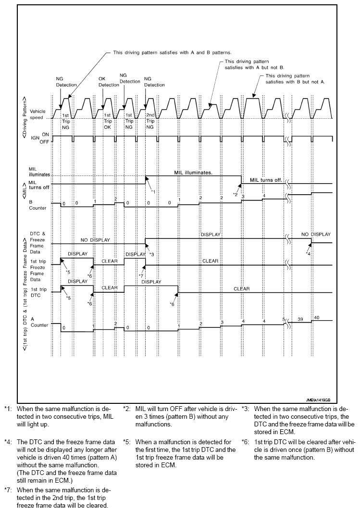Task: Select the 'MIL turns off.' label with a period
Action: click(266, 180)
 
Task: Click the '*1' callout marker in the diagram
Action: click(153, 192)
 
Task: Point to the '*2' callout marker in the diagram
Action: click(236, 194)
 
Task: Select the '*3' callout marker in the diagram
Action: click(151, 254)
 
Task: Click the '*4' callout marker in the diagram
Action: click(309, 253)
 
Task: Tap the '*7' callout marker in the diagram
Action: click(141, 275)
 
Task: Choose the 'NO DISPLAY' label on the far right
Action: click(316, 235)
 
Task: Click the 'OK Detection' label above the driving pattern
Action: click(109, 82)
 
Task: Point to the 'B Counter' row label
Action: click(34, 205)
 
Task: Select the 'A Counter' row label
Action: click(34, 321)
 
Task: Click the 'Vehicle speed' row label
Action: click(37, 114)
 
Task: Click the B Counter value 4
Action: click(263, 195)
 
